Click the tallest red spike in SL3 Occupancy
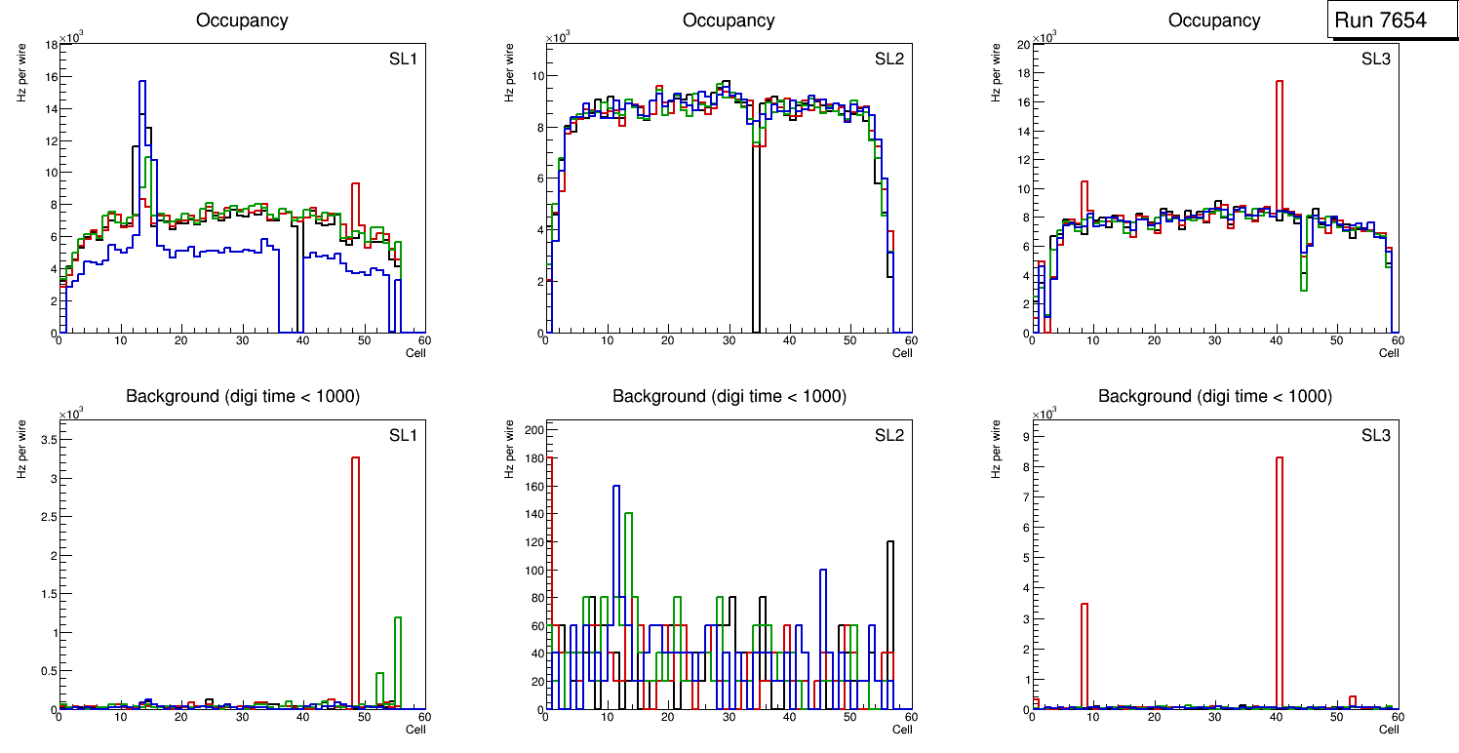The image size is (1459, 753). click(1279, 146)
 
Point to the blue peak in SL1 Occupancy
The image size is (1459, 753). click(142, 88)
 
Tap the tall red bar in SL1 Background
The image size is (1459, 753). click(356, 575)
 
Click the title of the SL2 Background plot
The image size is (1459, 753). click(729, 396)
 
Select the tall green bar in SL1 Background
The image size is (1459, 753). click(398, 663)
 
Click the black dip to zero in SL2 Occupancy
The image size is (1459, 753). click(756, 244)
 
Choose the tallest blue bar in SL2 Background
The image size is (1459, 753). click(616, 595)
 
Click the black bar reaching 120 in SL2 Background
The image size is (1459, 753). click(890, 624)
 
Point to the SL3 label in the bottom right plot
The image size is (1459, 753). click(1375, 435)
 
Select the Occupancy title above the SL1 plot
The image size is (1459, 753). click(242, 20)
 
